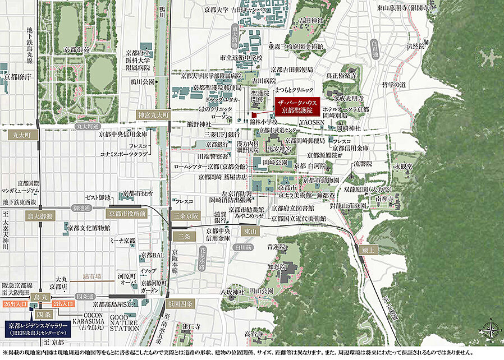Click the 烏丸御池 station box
coord(39,216)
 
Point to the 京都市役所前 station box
coord(127,214)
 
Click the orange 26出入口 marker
coord(14,303)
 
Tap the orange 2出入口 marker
coord(63,303)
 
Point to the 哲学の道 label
coord(393,84)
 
